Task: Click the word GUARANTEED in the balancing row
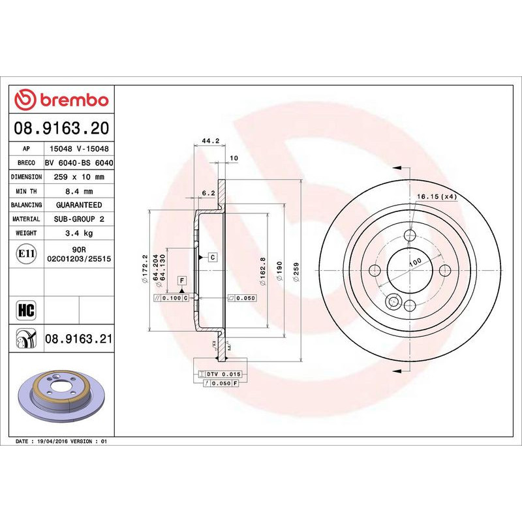79,205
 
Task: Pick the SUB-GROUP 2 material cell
79,219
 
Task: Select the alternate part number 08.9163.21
79,339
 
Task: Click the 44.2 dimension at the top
209,140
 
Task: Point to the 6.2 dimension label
209,193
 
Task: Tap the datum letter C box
213,257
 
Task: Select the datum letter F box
181,280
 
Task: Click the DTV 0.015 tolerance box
224,374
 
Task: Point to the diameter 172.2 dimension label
144,269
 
